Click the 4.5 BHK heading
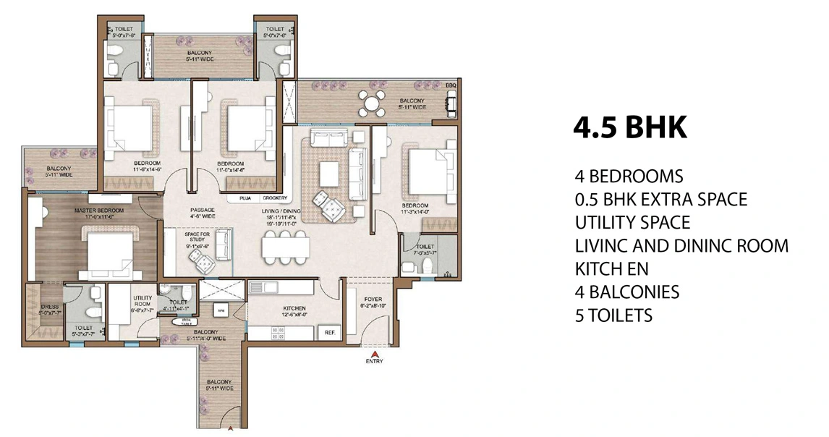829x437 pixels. [629, 128]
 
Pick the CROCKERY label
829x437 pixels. [274, 198]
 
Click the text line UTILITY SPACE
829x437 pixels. [632, 221]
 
